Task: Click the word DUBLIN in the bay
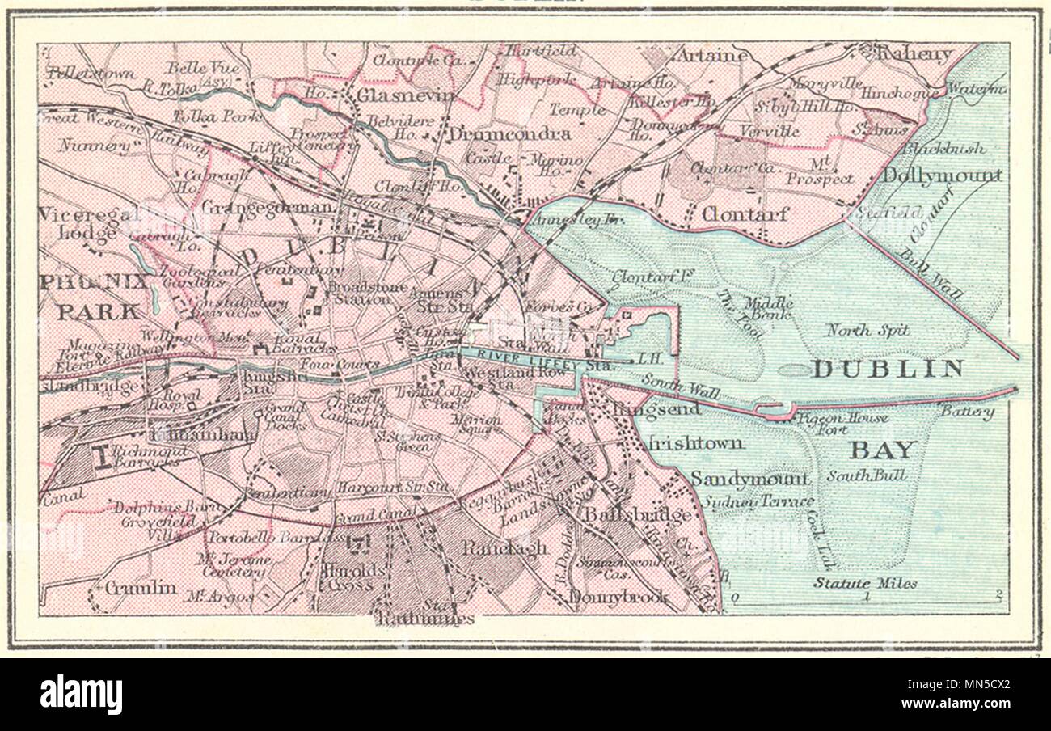pyautogui.click(x=888, y=370)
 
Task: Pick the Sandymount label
pyautogui.click(x=749, y=479)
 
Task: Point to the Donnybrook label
pyautogui.click(x=619, y=598)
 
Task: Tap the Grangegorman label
pyautogui.click(x=267, y=208)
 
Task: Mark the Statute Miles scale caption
pyautogui.click(x=865, y=583)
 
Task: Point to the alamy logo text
pyautogui.click(x=81, y=695)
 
